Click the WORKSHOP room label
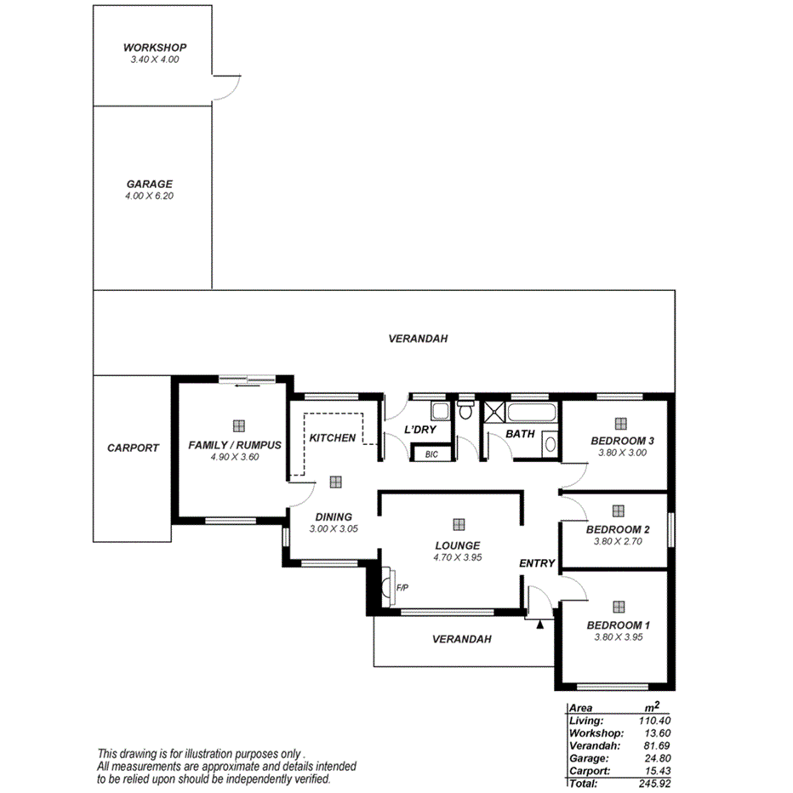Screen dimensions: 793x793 (154, 48)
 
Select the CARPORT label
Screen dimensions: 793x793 (133, 448)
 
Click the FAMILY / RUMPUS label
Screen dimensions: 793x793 (234, 445)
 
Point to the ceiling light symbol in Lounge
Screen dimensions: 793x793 (459, 524)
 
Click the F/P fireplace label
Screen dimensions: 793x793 (402, 588)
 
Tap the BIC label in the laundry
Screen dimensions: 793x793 (431, 454)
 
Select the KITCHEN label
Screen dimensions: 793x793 (332, 437)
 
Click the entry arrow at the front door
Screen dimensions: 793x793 (540, 624)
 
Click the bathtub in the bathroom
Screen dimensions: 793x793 (532, 414)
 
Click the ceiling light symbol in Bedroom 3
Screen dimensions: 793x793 (620, 423)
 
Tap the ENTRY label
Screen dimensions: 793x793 (537, 563)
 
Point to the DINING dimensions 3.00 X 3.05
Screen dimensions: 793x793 (333, 528)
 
